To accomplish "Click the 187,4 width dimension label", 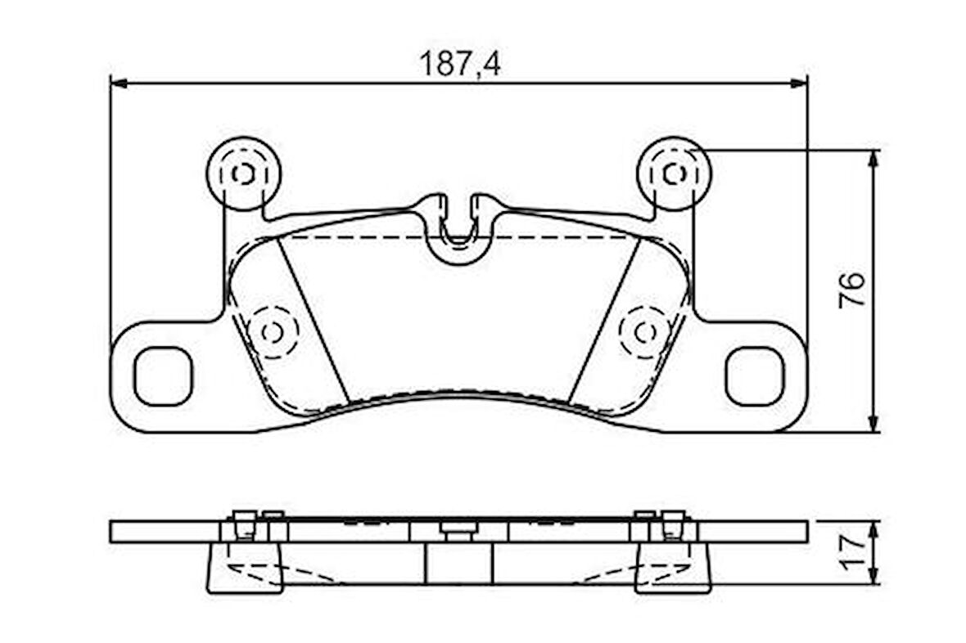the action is click(460, 64).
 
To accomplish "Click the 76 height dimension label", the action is click(852, 290).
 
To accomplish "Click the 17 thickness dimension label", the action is click(853, 552).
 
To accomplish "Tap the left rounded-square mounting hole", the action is click(163, 376).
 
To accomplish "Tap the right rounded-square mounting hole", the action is click(756, 376).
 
